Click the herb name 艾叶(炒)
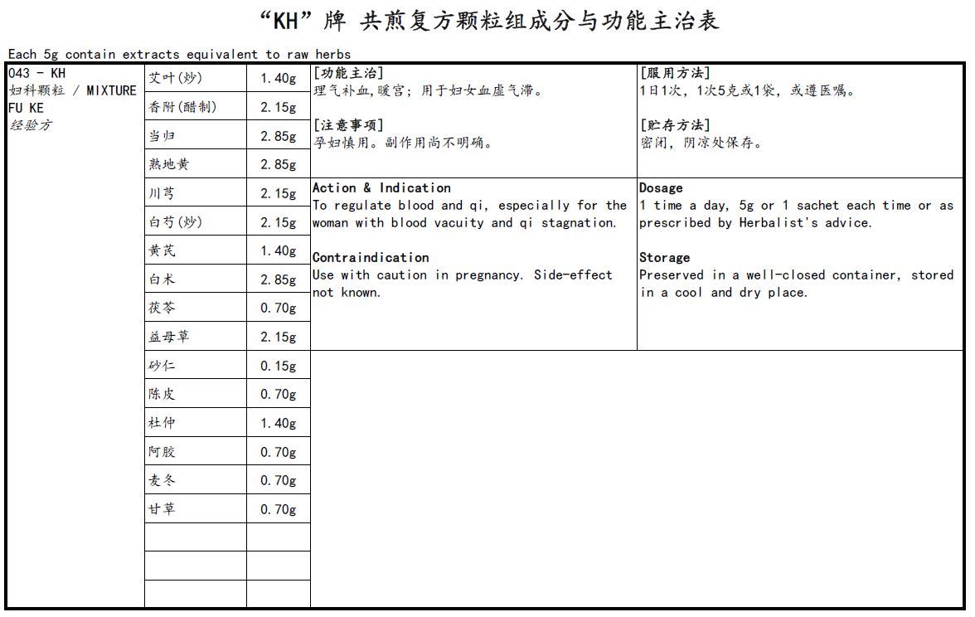175,79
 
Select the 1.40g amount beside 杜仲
278,424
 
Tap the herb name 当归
162,136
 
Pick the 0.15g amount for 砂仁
278,367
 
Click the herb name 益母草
169,337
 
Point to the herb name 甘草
162,509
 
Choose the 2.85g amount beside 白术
278,280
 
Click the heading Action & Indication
381,188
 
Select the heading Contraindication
371,258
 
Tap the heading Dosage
661,188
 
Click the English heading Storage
664,258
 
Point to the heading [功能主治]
348,73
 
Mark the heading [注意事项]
348,125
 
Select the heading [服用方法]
675,73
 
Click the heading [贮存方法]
675,125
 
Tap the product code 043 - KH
36,73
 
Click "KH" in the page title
284,20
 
